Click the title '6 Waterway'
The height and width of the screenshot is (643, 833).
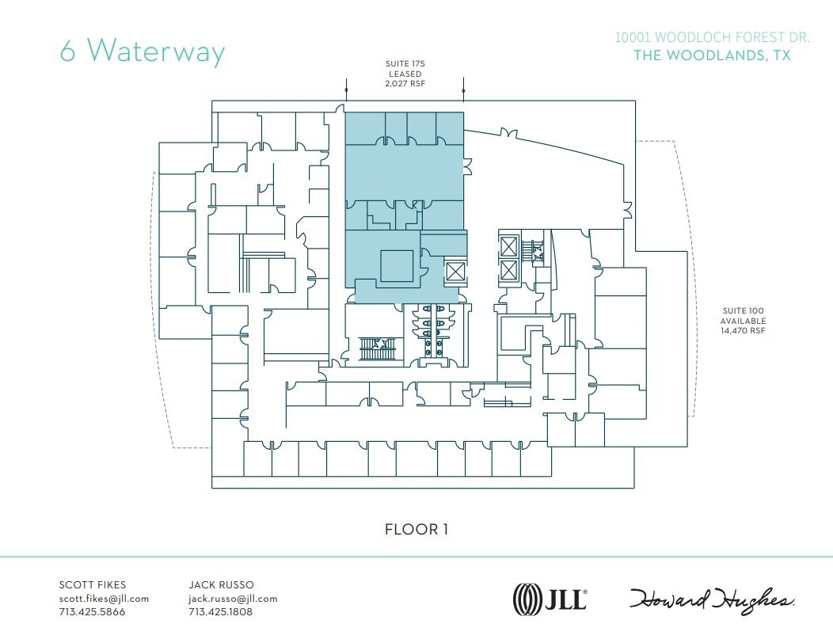[143, 51]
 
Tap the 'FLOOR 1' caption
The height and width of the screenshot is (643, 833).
[416, 529]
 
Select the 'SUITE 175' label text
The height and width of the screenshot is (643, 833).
[405, 63]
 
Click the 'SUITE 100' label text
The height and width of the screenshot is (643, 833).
[742, 311]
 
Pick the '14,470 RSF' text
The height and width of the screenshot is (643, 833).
[742, 330]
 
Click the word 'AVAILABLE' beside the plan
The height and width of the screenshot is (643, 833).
[742, 321]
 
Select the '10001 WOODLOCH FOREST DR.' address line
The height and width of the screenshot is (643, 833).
[713, 37]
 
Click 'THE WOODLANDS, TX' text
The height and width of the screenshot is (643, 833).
[712, 55]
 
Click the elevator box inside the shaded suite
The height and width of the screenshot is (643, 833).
[456, 272]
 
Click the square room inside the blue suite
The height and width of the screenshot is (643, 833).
[397, 265]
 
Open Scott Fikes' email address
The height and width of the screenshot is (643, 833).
[104, 599]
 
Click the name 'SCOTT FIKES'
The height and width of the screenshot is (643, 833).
[93, 585]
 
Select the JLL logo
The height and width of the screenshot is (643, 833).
[550, 598]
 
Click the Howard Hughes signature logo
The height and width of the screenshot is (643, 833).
[713, 599]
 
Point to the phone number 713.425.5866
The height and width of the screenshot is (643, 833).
[92, 612]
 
